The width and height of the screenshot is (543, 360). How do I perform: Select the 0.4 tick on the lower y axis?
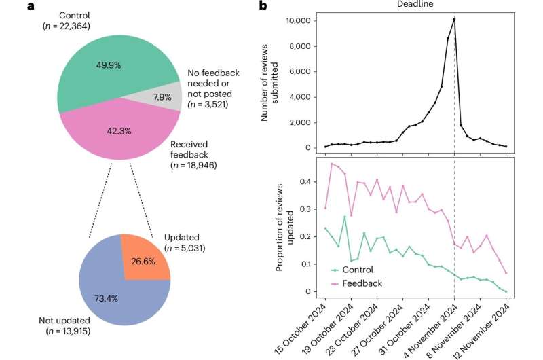(305, 181)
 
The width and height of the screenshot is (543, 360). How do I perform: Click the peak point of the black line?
(454, 19)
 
